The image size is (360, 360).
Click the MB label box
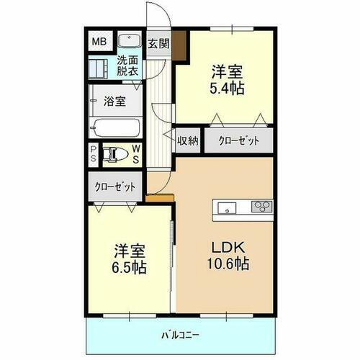pyautogui.click(x=97, y=42)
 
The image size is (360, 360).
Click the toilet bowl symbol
pyautogui.click(x=116, y=153)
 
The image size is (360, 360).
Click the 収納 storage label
pyautogui.click(x=188, y=141)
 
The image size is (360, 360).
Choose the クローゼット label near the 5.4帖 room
pyautogui.click(x=238, y=141)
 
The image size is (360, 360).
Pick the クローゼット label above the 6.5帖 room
pyautogui.click(x=115, y=186)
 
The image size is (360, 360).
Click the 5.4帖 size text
pyautogui.click(x=226, y=89)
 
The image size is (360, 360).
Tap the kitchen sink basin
pyautogui.click(x=225, y=210)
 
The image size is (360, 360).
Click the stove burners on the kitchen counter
pyautogui.click(x=260, y=208)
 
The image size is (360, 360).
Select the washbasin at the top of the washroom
pyautogui.click(x=130, y=40)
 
